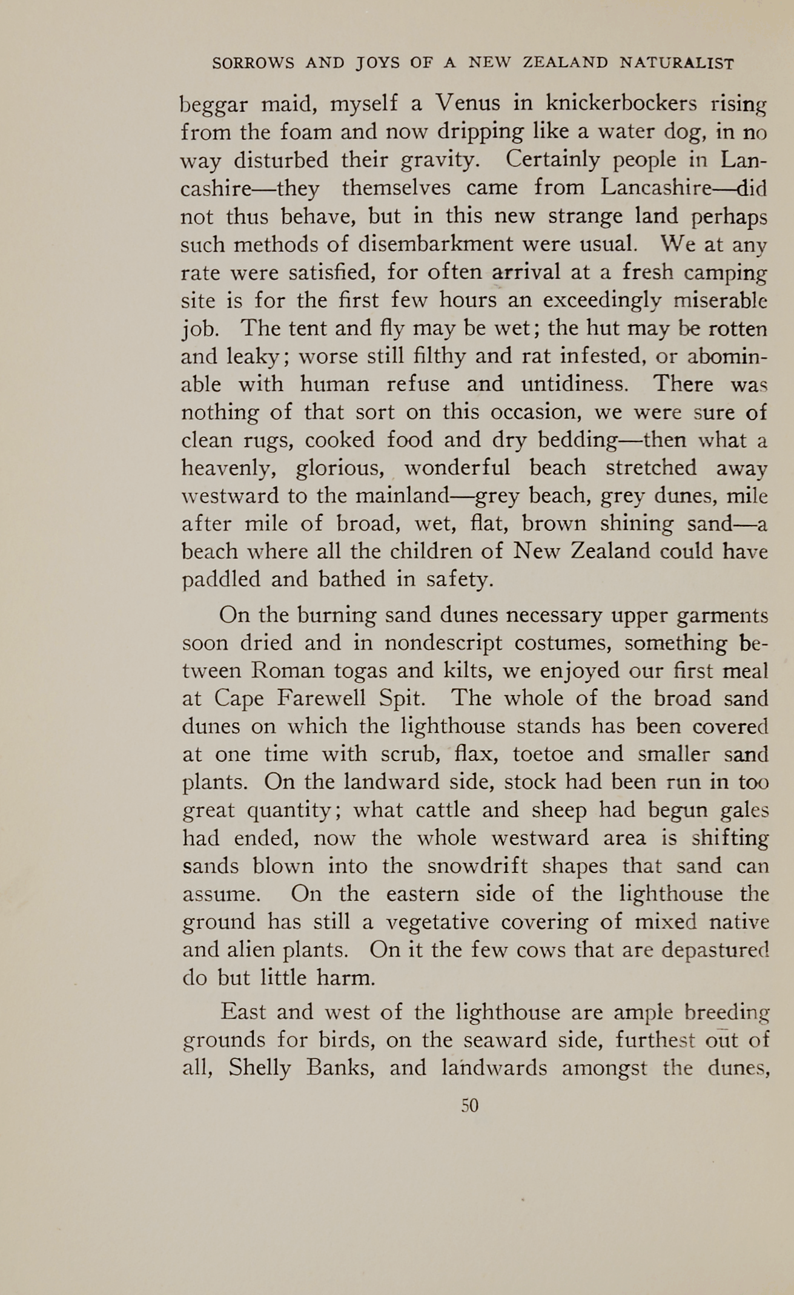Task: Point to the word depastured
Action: point(715,950)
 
